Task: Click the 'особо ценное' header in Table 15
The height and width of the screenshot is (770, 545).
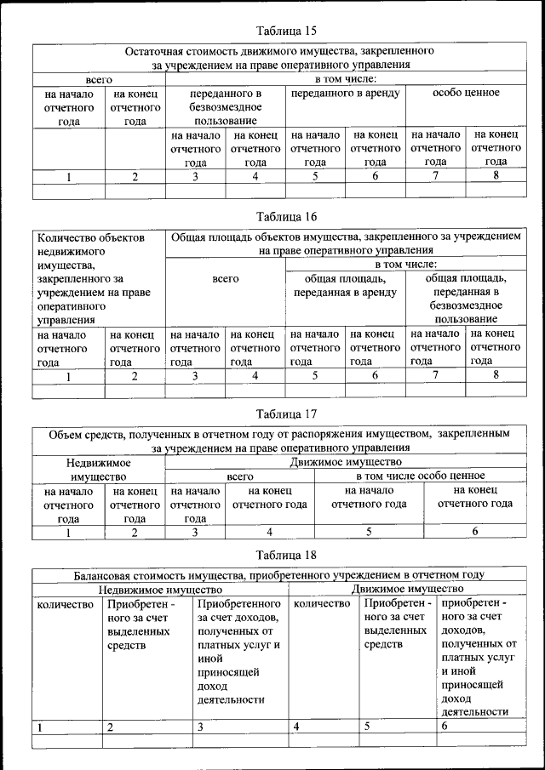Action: click(x=466, y=93)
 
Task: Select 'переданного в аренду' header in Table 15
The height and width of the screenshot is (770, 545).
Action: click(x=345, y=93)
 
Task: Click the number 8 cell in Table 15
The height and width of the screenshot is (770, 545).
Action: click(x=496, y=176)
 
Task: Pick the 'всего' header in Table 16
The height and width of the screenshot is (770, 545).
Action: click(x=225, y=278)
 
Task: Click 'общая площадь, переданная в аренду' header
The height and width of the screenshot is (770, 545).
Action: click(x=345, y=285)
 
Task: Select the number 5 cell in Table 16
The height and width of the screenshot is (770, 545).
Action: click(x=315, y=375)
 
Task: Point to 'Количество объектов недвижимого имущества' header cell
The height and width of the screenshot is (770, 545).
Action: click(x=99, y=278)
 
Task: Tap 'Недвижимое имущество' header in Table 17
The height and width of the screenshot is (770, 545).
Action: click(x=99, y=468)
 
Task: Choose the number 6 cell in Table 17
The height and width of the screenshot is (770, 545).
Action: click(x=475, y=532)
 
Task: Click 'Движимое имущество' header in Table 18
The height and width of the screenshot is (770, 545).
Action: click(x=407, y=588)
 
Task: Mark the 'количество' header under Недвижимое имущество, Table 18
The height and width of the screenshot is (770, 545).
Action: click(x=65, y=604)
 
